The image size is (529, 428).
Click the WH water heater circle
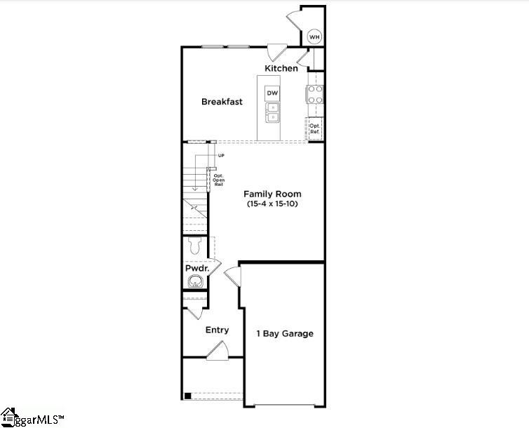(315, 36)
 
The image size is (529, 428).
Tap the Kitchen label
(281, 68)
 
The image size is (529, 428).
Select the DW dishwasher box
(272, 93)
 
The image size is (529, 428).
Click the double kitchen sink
(272, 112)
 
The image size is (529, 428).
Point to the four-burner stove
(315, 94)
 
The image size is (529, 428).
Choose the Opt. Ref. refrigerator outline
(315, 128)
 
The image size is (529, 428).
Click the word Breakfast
(222, 102)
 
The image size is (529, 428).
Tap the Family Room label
(272, 194)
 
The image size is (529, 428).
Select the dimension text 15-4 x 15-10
(272, 204)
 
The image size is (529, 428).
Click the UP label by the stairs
(221, 155)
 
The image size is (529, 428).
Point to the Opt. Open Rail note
(218, 180)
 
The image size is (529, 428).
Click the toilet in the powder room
(196, 246)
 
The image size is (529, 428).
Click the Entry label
(217, 330)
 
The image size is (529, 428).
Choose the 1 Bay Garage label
(284, 333)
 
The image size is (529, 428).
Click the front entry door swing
(217, 350)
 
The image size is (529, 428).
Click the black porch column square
(187, 396)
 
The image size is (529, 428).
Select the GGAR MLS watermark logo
(32, 418)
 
